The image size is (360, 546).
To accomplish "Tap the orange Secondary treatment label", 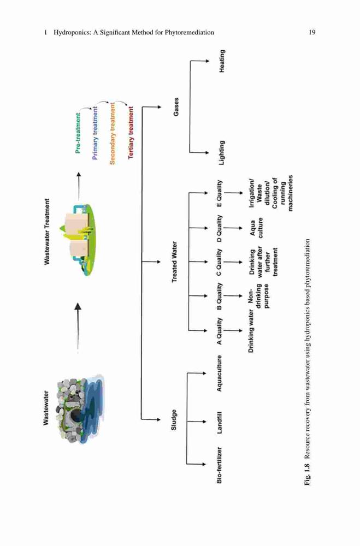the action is click(x=112, y=133).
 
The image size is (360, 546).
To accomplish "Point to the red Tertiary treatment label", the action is click(x=131, y=133).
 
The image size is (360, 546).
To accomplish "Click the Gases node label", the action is click(x=176, y=107).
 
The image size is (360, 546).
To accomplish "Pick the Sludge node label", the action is click(x=174, y=419).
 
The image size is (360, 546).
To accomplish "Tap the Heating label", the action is click(x=222, y=61).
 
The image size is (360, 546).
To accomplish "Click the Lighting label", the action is click(x=222, y=153).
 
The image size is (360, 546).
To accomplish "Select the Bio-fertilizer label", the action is click(x=220, y=465).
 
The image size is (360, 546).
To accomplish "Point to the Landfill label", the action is click(x=220, y=423).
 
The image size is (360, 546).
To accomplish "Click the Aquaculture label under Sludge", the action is click(x=220, y=373).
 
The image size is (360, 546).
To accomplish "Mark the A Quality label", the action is click(x=219, y=331).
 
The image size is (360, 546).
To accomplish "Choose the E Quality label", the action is click(x=219, y=193).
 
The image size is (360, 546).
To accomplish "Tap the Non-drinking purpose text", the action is click(x=259, y=296).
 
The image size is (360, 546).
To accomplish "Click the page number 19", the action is click(x=312, y=32).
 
